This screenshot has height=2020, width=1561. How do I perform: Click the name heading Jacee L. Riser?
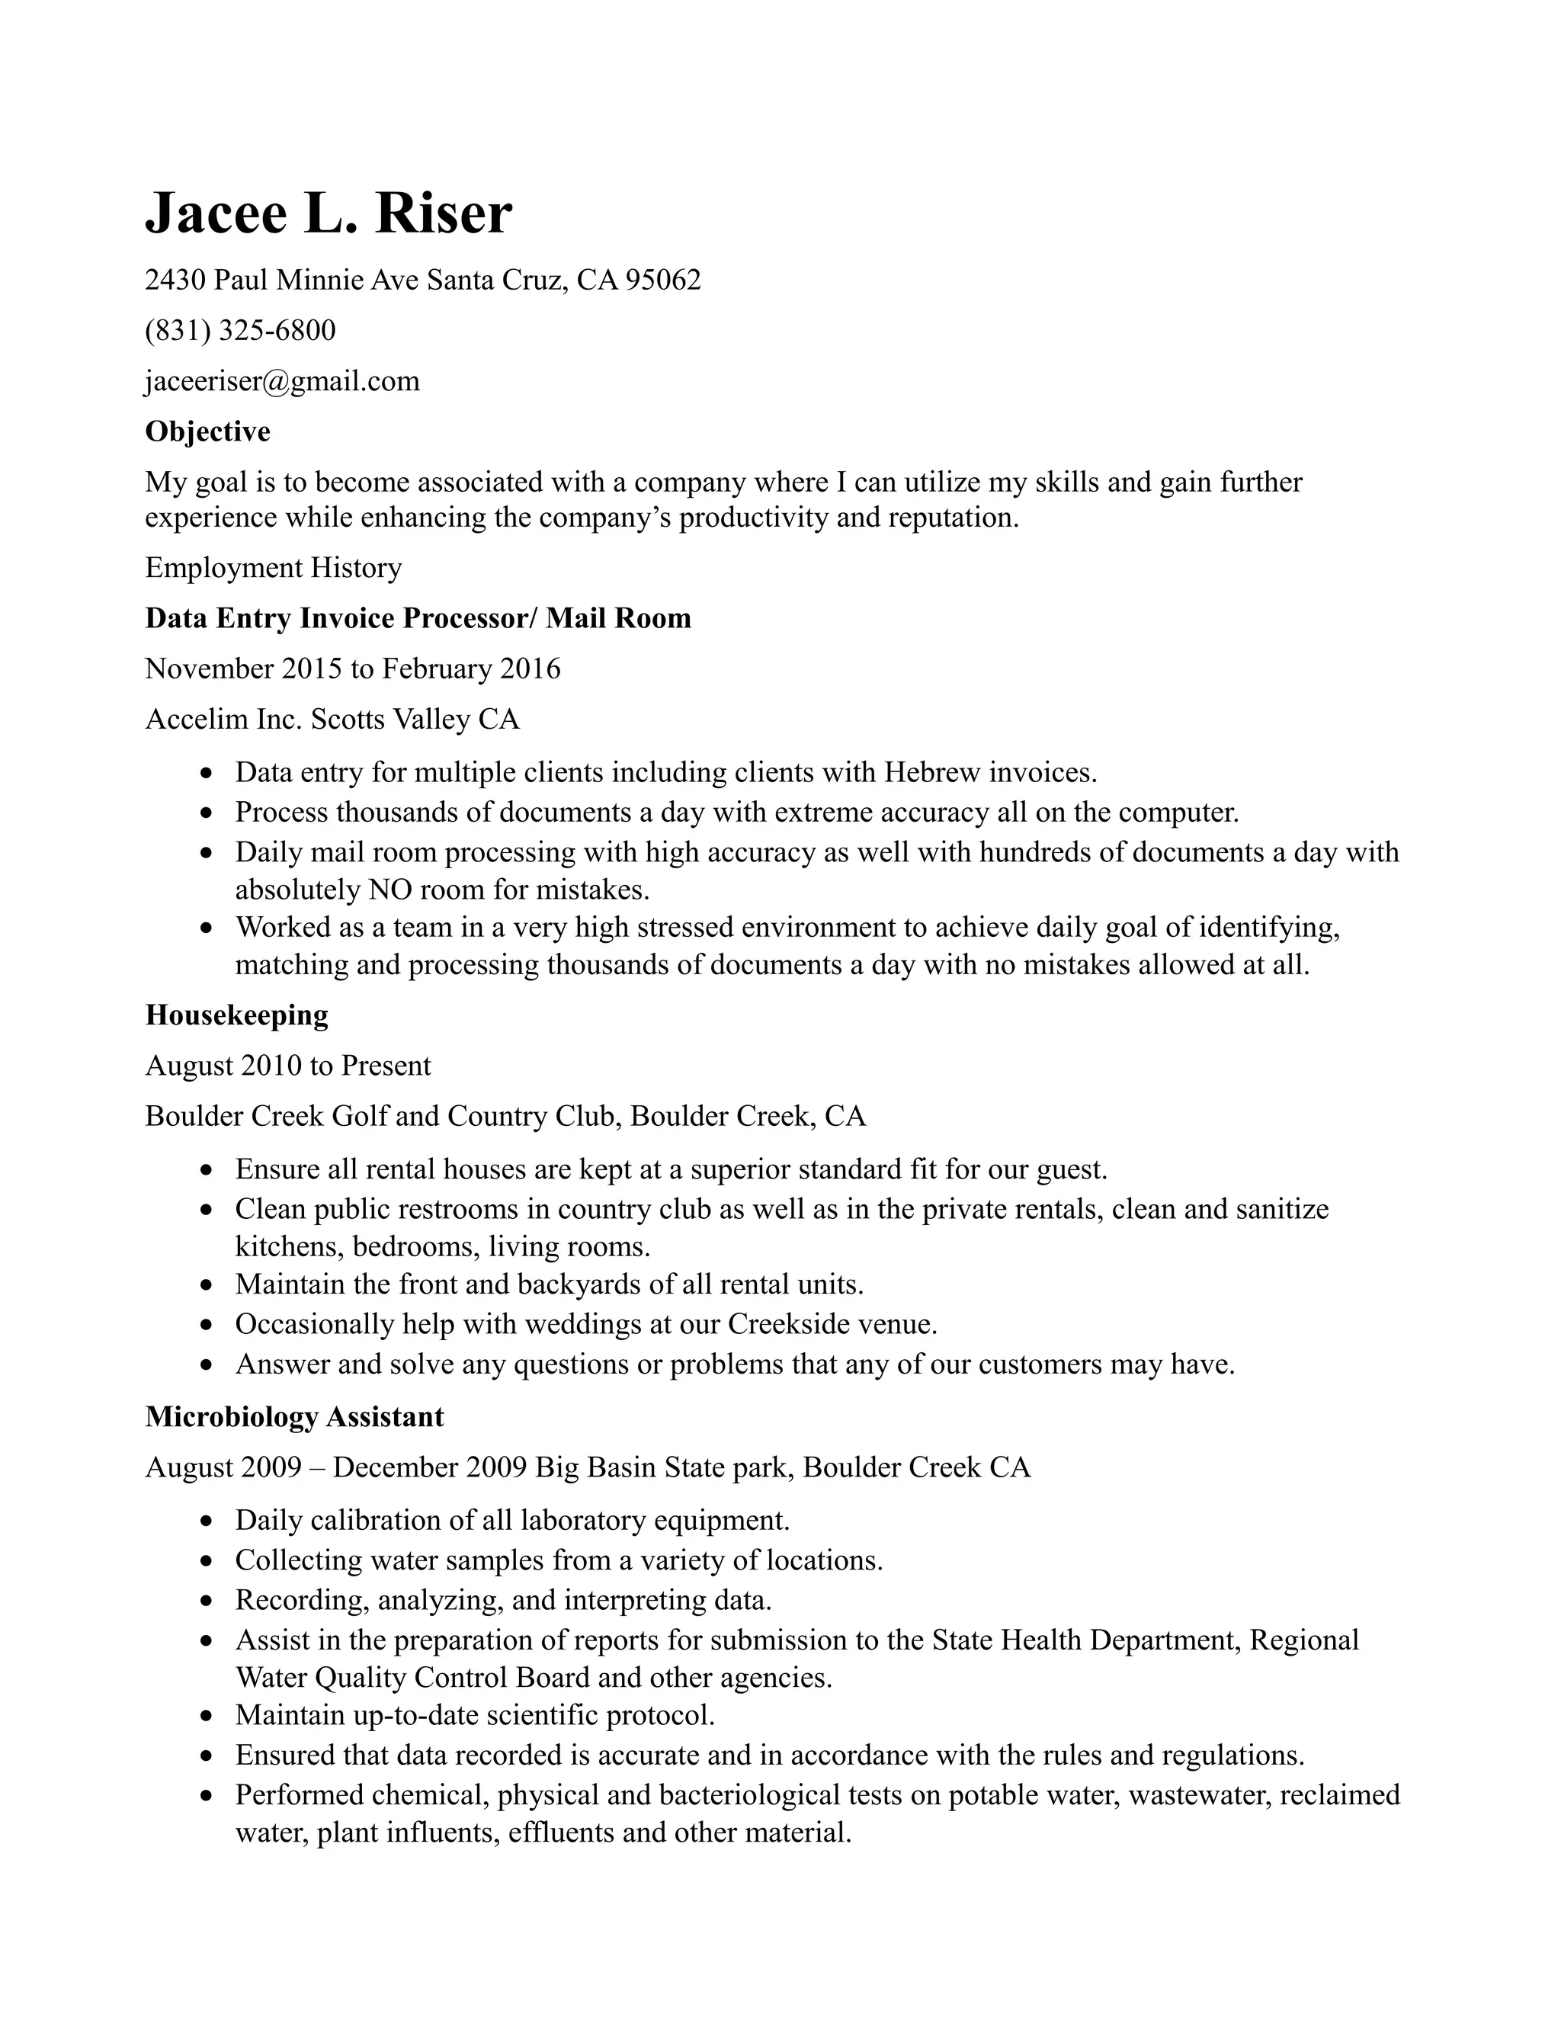329,213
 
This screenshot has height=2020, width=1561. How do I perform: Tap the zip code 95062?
663,279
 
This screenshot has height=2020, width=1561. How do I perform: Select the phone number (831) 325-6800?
240,330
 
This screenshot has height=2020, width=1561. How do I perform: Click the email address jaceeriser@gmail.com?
282,381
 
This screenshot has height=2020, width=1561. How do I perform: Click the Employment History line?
273,567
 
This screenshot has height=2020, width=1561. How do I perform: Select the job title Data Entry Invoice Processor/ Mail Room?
418,618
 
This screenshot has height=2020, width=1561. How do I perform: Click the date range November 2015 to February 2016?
352,668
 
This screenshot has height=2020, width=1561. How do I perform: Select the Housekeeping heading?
237,1015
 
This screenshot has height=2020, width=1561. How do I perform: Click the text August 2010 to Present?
287,1066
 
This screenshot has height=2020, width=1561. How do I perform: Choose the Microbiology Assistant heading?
294,1417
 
